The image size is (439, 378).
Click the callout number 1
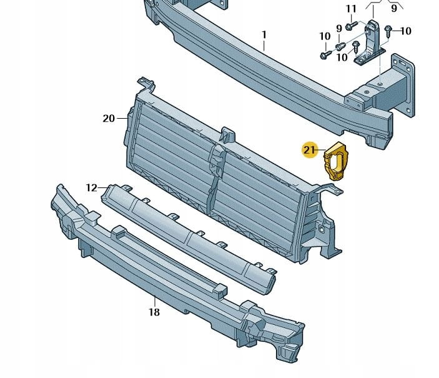264,35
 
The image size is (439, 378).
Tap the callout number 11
351,9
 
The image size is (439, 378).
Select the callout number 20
109,119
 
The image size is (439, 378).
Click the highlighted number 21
309,150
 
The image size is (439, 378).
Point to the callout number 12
91,187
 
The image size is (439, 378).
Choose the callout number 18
154,312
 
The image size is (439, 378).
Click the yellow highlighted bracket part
335,161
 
